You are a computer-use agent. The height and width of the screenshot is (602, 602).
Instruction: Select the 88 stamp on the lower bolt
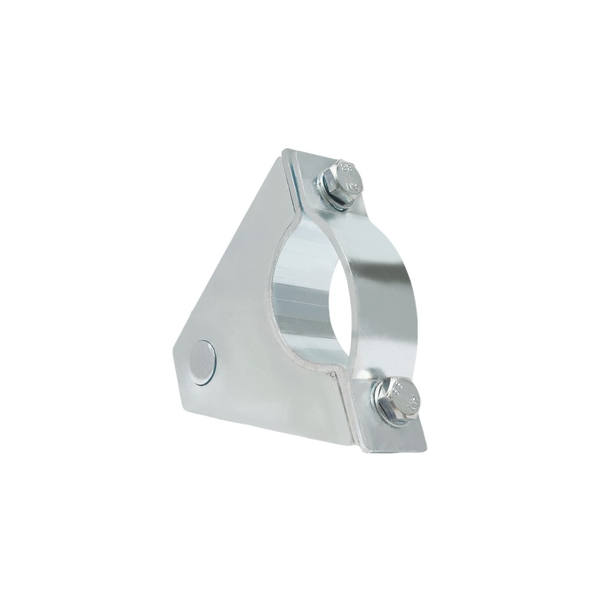click(400, 390)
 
